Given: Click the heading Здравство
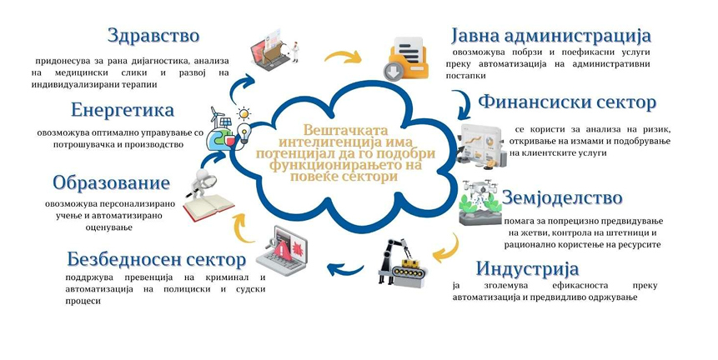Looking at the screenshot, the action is [x=153, y=36].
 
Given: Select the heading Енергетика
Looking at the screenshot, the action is [x=123, y=110].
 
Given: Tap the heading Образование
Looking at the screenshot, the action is [x=111, y=183].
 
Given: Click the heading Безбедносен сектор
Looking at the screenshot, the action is [x=156, y=259].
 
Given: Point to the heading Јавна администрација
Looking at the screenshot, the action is [x=551, y=36].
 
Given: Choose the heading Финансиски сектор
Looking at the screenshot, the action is [x=567, y=102].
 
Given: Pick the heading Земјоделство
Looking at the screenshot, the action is [x=562, y=197].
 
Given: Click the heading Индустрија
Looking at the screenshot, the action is [x=527, y=268].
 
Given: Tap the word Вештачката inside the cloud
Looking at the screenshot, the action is [x=345, y=129].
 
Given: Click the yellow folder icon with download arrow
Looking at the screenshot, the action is [x=406, y=59].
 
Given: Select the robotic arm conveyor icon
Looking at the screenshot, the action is [x=402, y=263].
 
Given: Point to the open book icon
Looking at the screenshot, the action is [x=208, y=207].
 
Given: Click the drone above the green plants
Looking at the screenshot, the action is [x=480, y=187].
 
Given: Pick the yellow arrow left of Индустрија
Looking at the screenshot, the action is [x=447, y=249].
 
